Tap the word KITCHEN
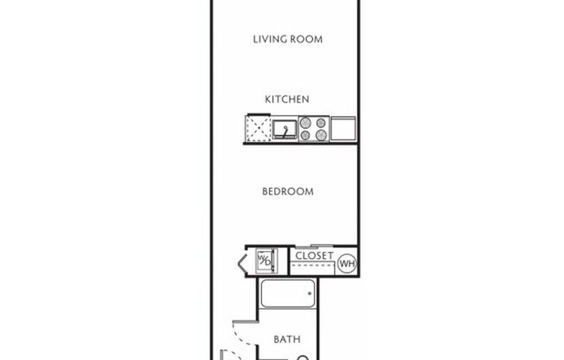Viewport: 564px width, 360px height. [286, 100]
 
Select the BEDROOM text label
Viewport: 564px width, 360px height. [287, 191]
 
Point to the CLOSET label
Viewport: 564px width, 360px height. [315, 256]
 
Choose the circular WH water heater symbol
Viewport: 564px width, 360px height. [348, 262]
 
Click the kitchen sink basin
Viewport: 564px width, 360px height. [283, 130]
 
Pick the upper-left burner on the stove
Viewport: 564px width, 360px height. [306, 124]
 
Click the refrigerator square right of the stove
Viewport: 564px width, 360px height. [343, 129]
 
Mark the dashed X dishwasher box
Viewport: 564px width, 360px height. [256, 130]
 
